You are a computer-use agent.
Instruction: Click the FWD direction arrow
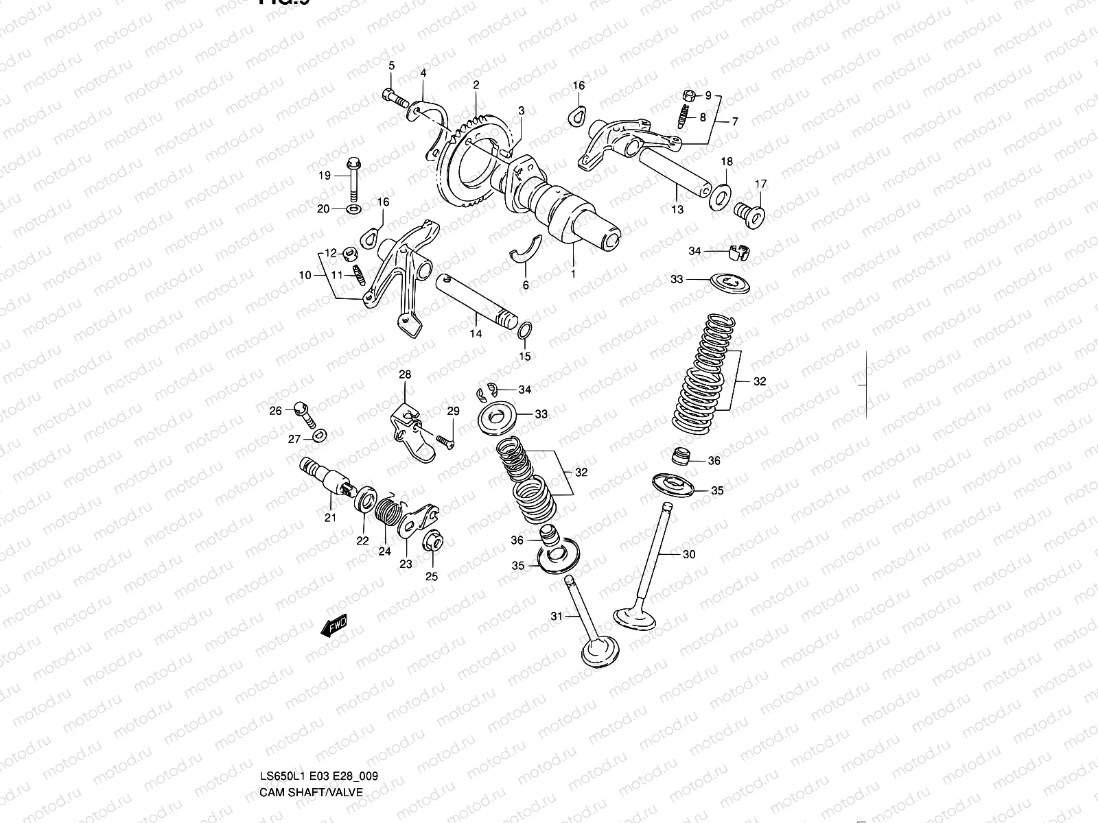[334, 627]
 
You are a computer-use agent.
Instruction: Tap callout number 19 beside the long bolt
[324, 176]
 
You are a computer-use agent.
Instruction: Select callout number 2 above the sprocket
[476, 85]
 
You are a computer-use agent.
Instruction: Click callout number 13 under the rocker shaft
[677, 210]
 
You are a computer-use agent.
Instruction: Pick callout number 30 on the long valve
[689, 554]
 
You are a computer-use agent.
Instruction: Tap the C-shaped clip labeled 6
[527, 250]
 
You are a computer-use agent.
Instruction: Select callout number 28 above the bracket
[405, 374]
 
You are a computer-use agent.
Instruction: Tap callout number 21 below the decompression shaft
[330, 518]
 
